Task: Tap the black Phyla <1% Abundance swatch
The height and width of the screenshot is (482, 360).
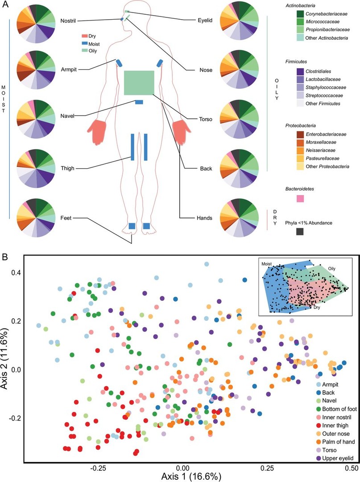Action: tap(300, 231)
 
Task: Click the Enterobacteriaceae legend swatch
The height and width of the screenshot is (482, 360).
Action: tap(297, 134)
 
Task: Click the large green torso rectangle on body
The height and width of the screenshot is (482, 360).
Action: tap(139, 83)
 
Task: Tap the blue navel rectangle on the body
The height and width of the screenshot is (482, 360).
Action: tap(139, 102)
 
